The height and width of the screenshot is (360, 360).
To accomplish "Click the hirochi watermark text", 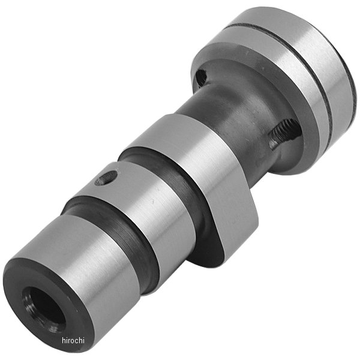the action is pyautogui.click(x=73, y=340).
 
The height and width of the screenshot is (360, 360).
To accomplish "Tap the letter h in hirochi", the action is pyautogui.click(x=64, y=340).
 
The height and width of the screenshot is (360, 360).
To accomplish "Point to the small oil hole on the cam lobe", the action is pyautogui.click(x=106, y=178).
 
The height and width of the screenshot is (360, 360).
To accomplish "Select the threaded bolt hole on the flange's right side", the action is pyautogui.click(x=284, y=133).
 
